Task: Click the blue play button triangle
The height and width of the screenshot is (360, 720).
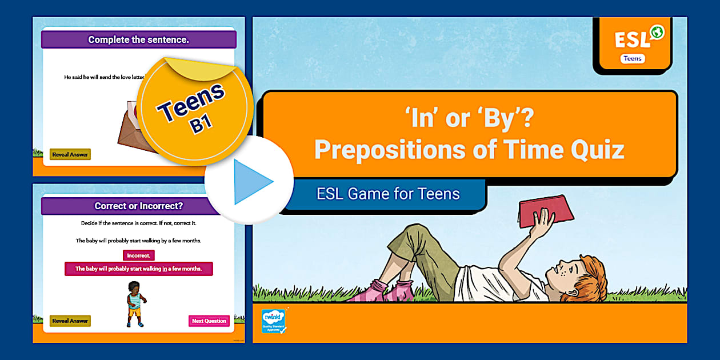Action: click(x=252, y=182)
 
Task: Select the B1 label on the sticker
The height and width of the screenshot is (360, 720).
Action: click(x=201, y=124)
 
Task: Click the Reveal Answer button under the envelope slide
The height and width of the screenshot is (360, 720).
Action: click(x=70, y=154)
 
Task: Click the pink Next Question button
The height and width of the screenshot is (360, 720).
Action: click(x=209, y=321)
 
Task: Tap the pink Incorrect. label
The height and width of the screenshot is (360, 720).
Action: click(x=138, y=255)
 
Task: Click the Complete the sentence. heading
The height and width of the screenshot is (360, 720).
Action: click(x=138, y=39)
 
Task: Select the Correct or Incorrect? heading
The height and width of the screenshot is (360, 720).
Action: click(x=138, y=206)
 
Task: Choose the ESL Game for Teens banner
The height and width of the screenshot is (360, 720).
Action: click(x=388, y=194)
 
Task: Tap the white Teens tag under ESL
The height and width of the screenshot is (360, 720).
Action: click(x=633, y=58)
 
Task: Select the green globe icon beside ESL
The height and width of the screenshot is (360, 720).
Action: click(x=657, y=33)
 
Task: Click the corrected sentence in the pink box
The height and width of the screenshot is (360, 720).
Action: click(x=139, y=269)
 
